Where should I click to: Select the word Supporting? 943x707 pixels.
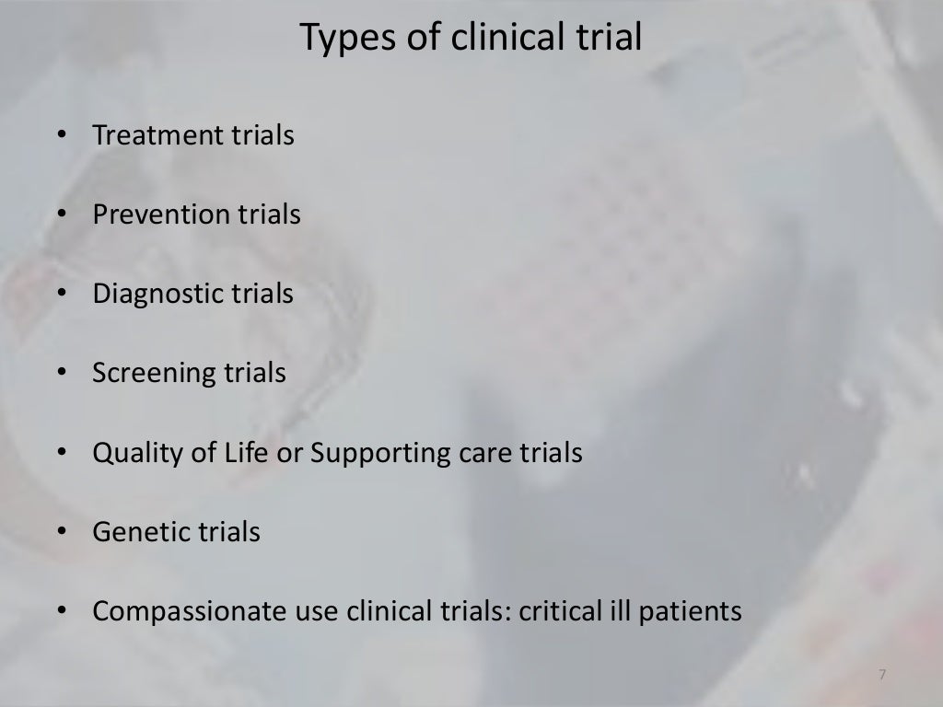click(x=383, y=454)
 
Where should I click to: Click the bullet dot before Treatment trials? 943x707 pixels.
click(x=61, y=136)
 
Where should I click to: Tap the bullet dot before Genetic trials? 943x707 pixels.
click(x=61, y=533)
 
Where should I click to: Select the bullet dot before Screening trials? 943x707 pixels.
click(x=61, y=375)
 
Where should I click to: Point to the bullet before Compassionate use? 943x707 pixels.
click(x=61, y=612)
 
